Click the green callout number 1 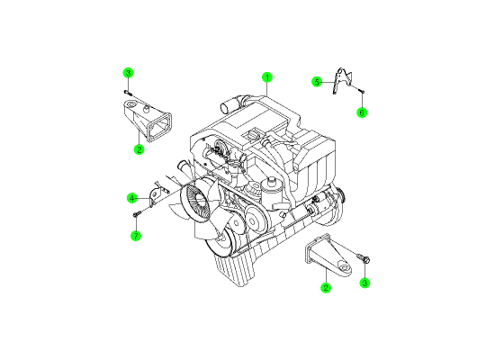coord(267,77)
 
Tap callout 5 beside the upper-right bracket coord(317,82)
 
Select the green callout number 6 coord(362,112)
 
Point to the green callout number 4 coord(132,198)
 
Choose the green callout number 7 coord(136,236)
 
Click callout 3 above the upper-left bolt coord(128,73)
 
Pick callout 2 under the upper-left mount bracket coord(139,149)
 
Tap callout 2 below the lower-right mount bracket coord(326,287)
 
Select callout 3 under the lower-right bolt coord(364,283)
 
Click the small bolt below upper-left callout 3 coord(128,92)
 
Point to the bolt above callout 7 coord(136,214)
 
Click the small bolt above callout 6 coord(362,91)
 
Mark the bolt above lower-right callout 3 coord(364,258)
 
